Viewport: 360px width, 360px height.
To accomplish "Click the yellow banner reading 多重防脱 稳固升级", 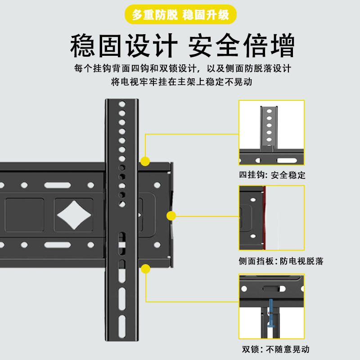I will pos(180,15).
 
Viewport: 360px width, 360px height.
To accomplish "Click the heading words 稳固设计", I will pos(122,46).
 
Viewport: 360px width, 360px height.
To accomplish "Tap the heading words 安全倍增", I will pos(241,46).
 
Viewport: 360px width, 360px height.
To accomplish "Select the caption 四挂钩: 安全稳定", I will pos(272,175).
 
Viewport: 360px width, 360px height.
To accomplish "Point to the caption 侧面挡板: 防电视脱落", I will pos(281,261).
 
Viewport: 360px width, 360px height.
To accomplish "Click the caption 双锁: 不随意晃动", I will pos(276,349).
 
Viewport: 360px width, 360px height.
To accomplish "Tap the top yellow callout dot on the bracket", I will pos(145,161).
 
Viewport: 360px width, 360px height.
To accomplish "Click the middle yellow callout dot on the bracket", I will pos(171,216).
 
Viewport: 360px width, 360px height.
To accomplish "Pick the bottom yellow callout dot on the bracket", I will pos(145,269).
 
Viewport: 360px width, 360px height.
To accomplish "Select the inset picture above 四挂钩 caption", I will pos(271,133).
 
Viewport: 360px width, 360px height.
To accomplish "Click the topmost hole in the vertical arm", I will pos(121,104).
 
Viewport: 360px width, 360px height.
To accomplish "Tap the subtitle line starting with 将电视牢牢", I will pos(180,82).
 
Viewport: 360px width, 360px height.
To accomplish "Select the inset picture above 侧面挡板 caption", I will pos(271,218).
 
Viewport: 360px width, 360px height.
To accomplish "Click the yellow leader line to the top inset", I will pos(191,134).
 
